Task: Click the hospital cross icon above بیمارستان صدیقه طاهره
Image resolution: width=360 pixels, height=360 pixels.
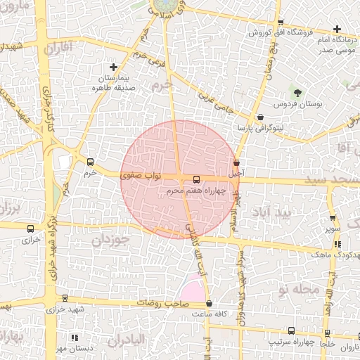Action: click(x=113, y=67)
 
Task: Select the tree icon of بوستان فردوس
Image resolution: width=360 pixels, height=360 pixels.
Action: click(x=297, y=92)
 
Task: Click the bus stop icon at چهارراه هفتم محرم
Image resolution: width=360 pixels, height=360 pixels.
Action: click(x=196, y=179)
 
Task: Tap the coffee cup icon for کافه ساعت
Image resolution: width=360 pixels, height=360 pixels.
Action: click(x=210, y=304)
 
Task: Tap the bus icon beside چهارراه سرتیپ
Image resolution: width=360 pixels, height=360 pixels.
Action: click(x=291, y=330)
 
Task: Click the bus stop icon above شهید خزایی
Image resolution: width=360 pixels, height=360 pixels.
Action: click(x=65, y=298)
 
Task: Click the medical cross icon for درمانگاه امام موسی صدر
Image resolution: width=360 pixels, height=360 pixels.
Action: click(x=338, y=30)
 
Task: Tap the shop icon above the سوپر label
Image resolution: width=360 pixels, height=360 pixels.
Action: click(x=333, y=219)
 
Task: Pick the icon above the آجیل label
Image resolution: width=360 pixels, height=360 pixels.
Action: click(x=236, y=162)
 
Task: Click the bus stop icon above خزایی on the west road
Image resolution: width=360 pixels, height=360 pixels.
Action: click(x=30, y=229)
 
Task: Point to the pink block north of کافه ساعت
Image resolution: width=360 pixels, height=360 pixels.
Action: click(x=193, y=289)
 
